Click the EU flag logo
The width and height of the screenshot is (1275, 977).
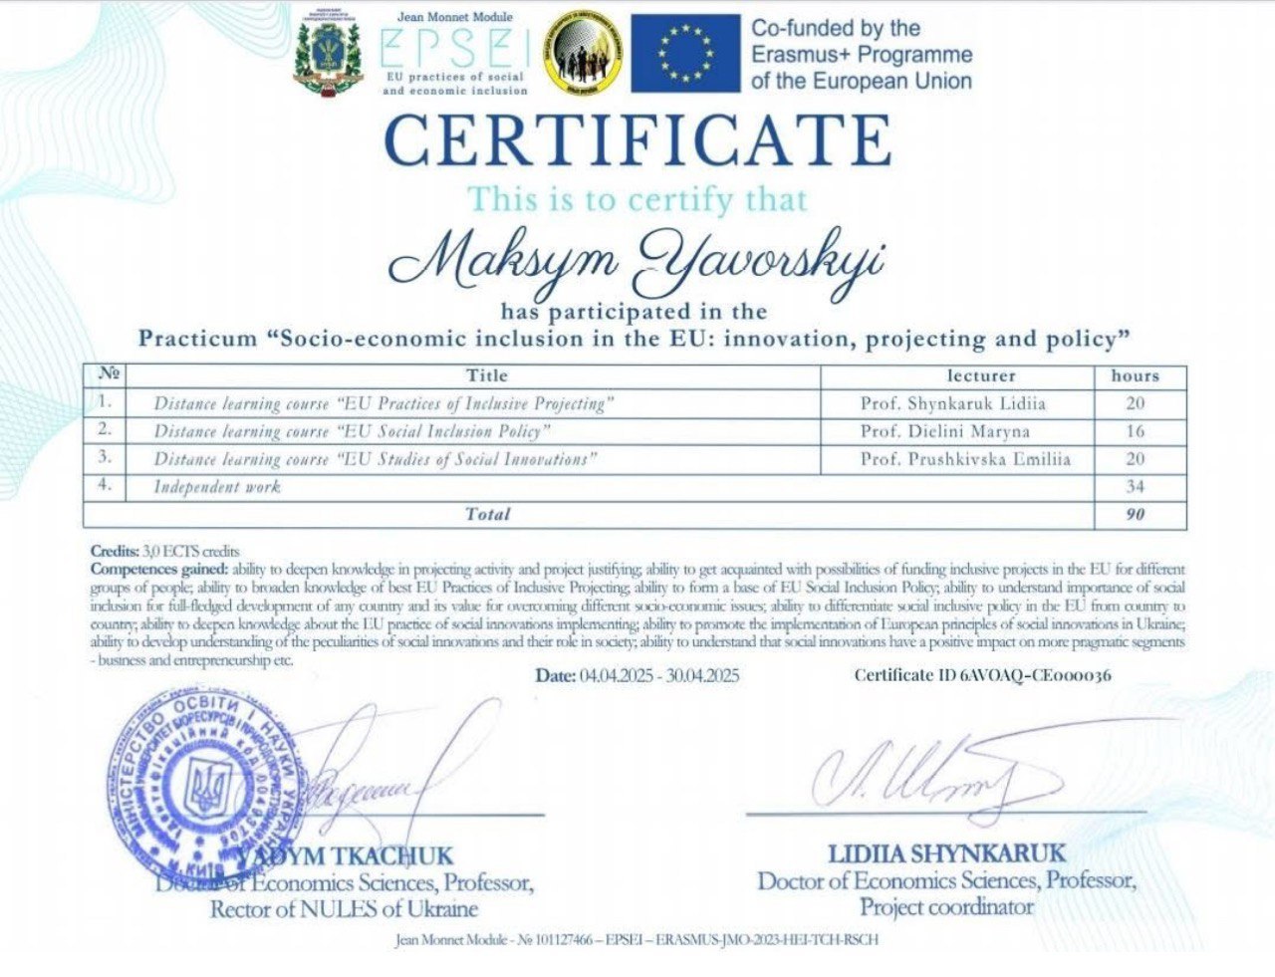click(x=685, y=53)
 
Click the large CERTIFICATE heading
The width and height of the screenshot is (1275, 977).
click(x=637, y=140)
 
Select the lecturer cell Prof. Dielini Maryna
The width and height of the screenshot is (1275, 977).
click(x=945, y=431)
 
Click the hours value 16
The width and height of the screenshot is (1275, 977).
click(x=1135, y=431)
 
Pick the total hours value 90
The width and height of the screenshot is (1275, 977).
click(x=1135, y=514)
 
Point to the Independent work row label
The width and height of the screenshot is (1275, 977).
click(x=217, y=487)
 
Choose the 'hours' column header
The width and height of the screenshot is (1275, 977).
click(x=1135, y=375)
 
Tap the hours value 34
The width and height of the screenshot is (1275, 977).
click(x=1135, y=487)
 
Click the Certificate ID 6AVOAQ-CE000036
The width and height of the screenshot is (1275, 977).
click(x=982, y=675)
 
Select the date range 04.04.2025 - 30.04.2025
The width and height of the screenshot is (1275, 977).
click(x=637, y=675)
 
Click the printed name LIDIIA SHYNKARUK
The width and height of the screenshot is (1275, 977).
click(x=946, y=854)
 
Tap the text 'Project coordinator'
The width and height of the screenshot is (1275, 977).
click(x=946, y=907)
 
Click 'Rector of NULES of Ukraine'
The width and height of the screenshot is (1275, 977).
click(x=344, y=909)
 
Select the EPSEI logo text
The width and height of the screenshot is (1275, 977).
click(x=455, y=48)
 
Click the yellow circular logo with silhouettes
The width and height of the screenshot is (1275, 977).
click(x=585, y=53)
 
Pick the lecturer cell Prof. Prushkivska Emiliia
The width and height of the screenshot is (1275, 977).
click(x=965, y=459)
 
